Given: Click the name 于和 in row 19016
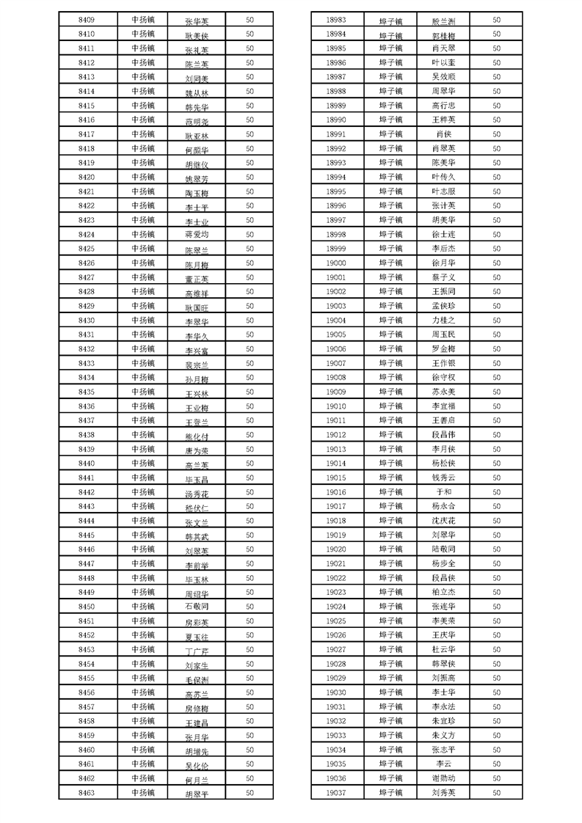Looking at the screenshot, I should (x=444, y=492).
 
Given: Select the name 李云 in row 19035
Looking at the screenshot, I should (x=444, y=764).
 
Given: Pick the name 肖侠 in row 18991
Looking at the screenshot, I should (x=444, y=134).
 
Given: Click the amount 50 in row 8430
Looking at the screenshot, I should (x=250, y=321).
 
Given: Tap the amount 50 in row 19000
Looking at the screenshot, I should (x=496, y=263).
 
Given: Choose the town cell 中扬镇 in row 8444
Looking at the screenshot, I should (x=143, y=521).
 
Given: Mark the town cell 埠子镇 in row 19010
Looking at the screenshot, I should (x=390, y=406).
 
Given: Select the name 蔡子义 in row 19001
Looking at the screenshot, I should (x=444, y=277).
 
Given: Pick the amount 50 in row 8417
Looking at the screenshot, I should (x=250, y=134).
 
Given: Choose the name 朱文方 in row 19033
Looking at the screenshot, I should (x=444, y=735).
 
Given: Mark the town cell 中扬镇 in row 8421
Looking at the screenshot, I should (x=143, y=191).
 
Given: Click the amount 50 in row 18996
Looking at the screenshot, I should (x=496, y=206).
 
